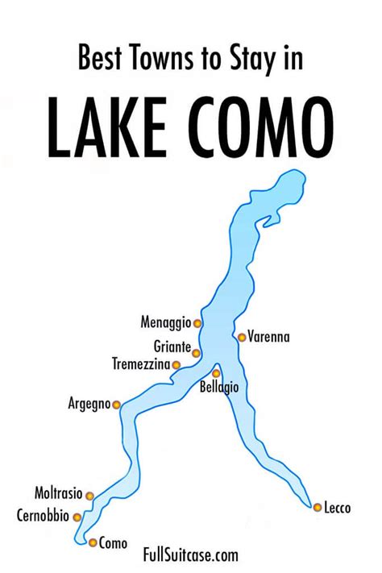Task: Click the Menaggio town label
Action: [x=165, y=323]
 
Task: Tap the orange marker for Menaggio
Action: [x=197, y=323]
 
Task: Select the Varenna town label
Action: [x=268, y=337]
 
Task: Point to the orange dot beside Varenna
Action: [x=241, y=338]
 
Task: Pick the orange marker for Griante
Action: [x=197, y=353]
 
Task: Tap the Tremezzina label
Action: [x=141, y=364]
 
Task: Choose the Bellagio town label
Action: [x=218, y=388]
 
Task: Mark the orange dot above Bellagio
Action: [x=216, y=373]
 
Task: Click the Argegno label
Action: [x=89, y=405]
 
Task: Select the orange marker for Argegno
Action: [x=117, y=405]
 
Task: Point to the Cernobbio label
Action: [x=44, y=514]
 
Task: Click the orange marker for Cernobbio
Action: [x=77, y=517]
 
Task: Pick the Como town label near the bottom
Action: [x=113, y=543]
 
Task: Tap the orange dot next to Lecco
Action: [x=318, y=507]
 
